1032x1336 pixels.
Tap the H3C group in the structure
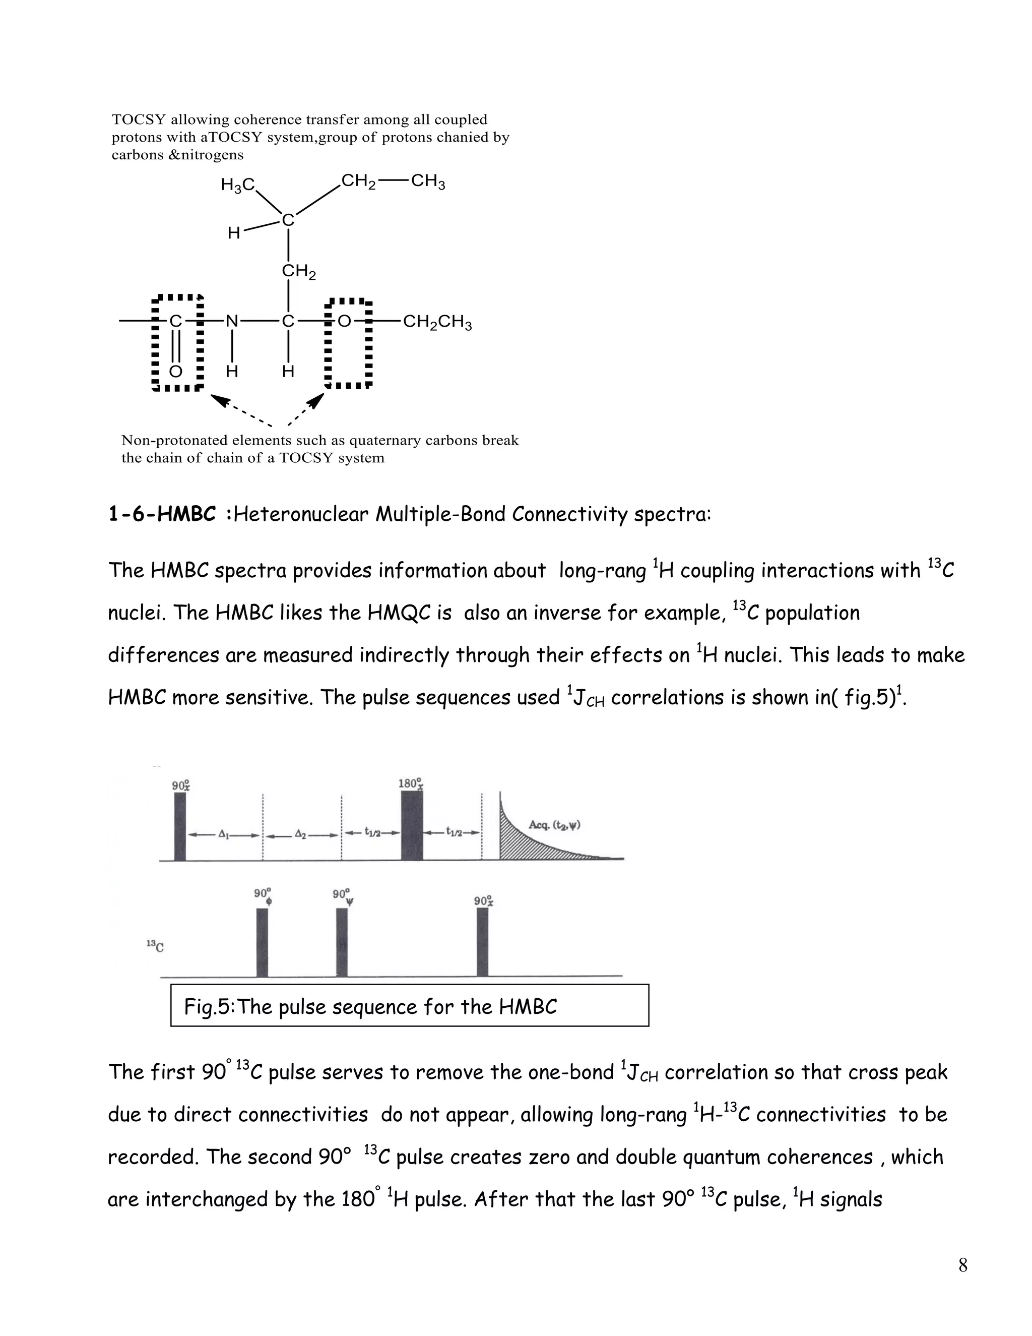[x=238, y=185]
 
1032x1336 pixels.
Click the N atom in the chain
[x=232, y=321]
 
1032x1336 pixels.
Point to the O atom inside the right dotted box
[x=344, y=321]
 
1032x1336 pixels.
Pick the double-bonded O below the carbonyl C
[x=175, y=372]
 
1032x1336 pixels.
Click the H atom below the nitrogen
[x=232, y=372]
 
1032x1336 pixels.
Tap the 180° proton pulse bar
[x=412, y=825]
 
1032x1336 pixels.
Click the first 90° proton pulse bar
[x=180, y=826]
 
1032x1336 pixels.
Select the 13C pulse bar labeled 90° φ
[x=262, y=942]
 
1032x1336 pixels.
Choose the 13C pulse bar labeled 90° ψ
[x=342, y=942]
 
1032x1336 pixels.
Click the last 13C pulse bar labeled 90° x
[x=482, y=942]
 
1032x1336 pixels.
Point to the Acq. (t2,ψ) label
[x=554, y=825]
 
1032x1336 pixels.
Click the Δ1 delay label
[x=224, y=834]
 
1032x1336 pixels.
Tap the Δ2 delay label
[x=301, y=834]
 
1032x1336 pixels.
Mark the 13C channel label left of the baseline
[x=155, y=946]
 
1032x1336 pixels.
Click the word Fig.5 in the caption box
[x=209, y=1007]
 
